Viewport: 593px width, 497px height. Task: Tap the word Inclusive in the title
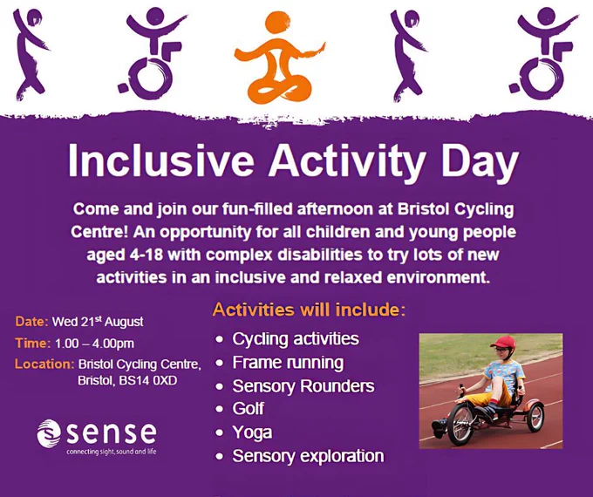pyautogui.click(x=161, y=161)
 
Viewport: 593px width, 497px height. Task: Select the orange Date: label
pyautogui.click(x=31, y=322)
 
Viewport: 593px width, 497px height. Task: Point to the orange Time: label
pyautogui.click(x=33, y=343)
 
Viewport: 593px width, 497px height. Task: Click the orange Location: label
pyautogui.click(x=44, y=364)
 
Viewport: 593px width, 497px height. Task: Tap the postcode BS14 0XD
pyautogui.click(x=148, y=380)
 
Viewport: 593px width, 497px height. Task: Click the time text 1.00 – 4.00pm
pyautogui.click(x=94, y=344)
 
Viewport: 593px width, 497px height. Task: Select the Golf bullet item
pyautogui.click(x=248, y=408)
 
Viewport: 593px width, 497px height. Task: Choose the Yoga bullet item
pyautogui.click(x=252, y=432)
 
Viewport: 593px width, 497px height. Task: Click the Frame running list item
pyautogui.click(x=288, y=363)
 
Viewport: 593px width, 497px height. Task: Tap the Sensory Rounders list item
pyautogui.click(x=303, y=385)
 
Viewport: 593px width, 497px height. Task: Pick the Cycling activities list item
pyautogui.click(x=296, y=339)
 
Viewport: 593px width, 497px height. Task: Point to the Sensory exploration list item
pyautogui.click(x=308, y=456)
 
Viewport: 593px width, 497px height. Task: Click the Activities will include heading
pyautogui.click(x=309, y=310)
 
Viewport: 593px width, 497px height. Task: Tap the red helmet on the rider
pyautogui.click(x=503, y=342)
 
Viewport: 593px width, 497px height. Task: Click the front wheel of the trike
pyautogui.click(x=461, y=421)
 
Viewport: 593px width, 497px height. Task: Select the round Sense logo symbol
pyautogui.click(x=49, y=432)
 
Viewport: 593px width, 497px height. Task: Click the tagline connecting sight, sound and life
pyautogui.click(x=112, y=452)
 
